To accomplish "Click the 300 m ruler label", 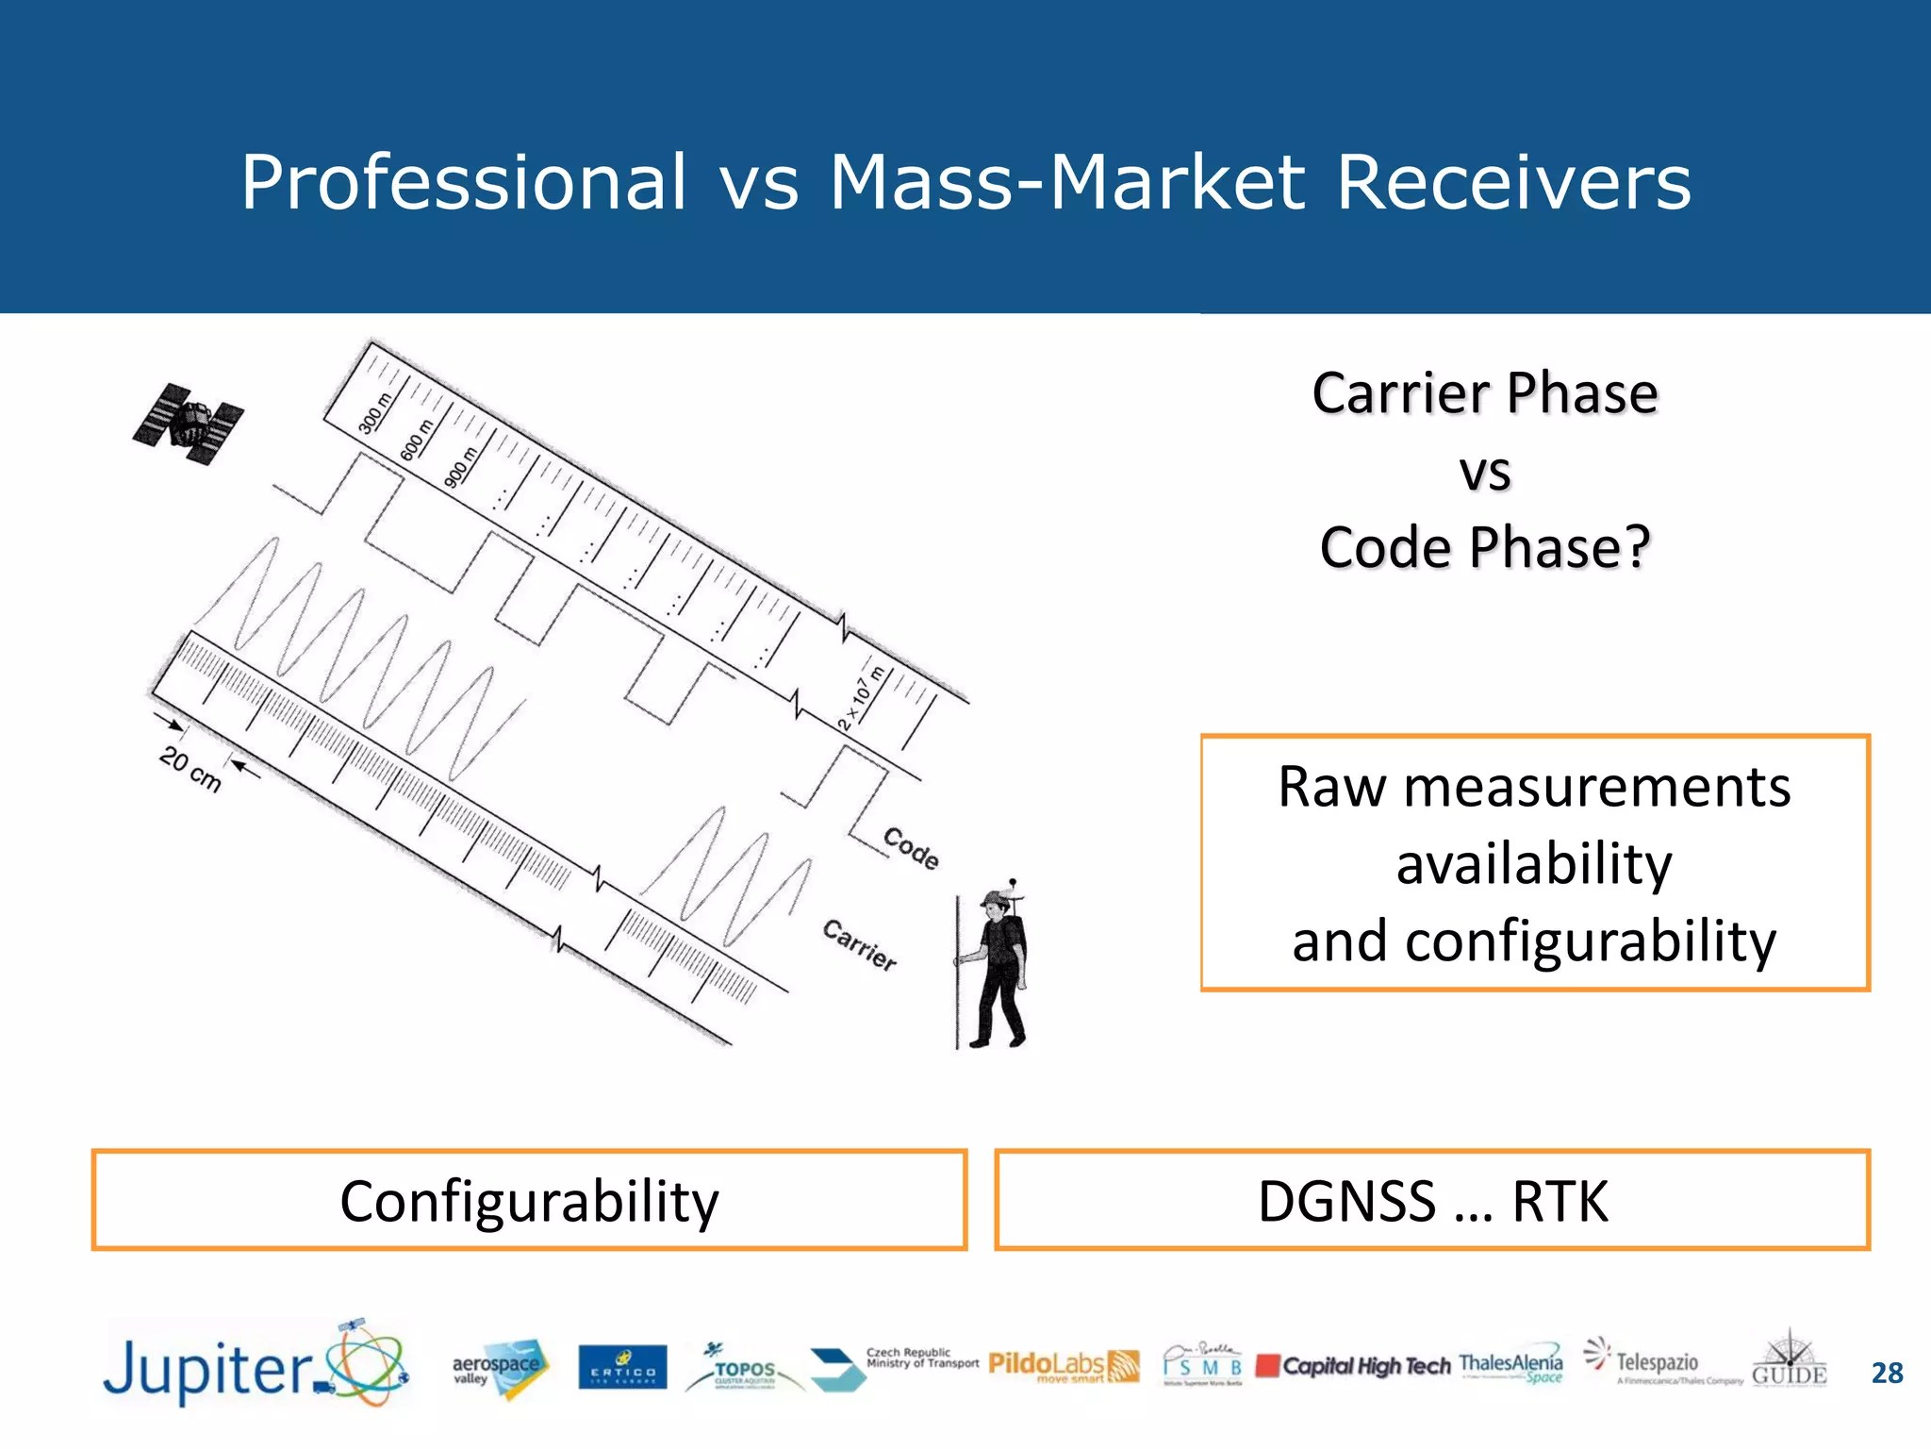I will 373,414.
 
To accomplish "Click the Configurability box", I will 529,1201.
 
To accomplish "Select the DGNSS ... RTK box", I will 1432,1201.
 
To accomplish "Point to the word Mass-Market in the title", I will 1065,182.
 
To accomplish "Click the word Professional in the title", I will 464,182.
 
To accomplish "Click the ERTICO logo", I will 622,1368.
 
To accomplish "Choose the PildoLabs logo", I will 1063,1366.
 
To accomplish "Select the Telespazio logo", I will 1656,1364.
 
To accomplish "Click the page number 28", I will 1887,1373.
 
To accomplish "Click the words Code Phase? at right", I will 1485,547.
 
